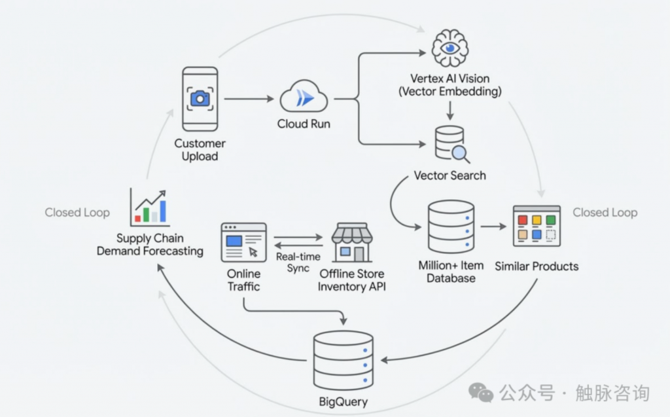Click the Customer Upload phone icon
[x=200, y=99]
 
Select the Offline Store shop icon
[x=351, y=242]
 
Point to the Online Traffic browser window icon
[x=243, y=242]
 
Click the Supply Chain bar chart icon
[x=149, y=207]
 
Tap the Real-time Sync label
[x=298, y=263]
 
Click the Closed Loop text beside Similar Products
[x=605, y=212]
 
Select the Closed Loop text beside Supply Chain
[x=77, y=212]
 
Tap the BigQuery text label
[x=343, y=402]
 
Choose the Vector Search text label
[x=450, y=175]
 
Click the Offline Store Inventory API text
[x=351, y=280]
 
